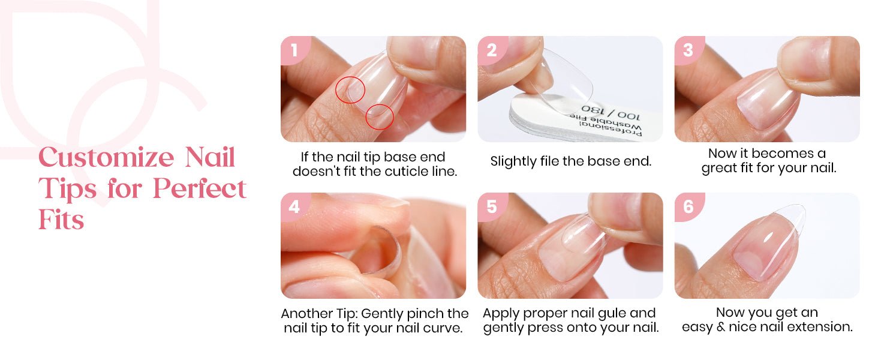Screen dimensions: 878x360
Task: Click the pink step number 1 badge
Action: (294, 50)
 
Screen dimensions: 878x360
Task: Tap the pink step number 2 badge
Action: (492, 50)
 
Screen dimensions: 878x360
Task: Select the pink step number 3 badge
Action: (688, 50)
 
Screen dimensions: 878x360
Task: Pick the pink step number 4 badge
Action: (294, 206)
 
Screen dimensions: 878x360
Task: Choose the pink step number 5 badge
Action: (492, 206)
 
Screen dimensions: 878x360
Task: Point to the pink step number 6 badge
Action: (688, 206)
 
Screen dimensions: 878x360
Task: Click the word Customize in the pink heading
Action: (106, 157)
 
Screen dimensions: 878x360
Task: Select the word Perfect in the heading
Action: (200, 188)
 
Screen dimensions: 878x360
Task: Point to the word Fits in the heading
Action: (61, 220)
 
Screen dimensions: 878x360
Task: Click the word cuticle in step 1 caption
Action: (411, 172)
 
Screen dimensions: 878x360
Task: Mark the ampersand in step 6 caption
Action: (721, 326)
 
